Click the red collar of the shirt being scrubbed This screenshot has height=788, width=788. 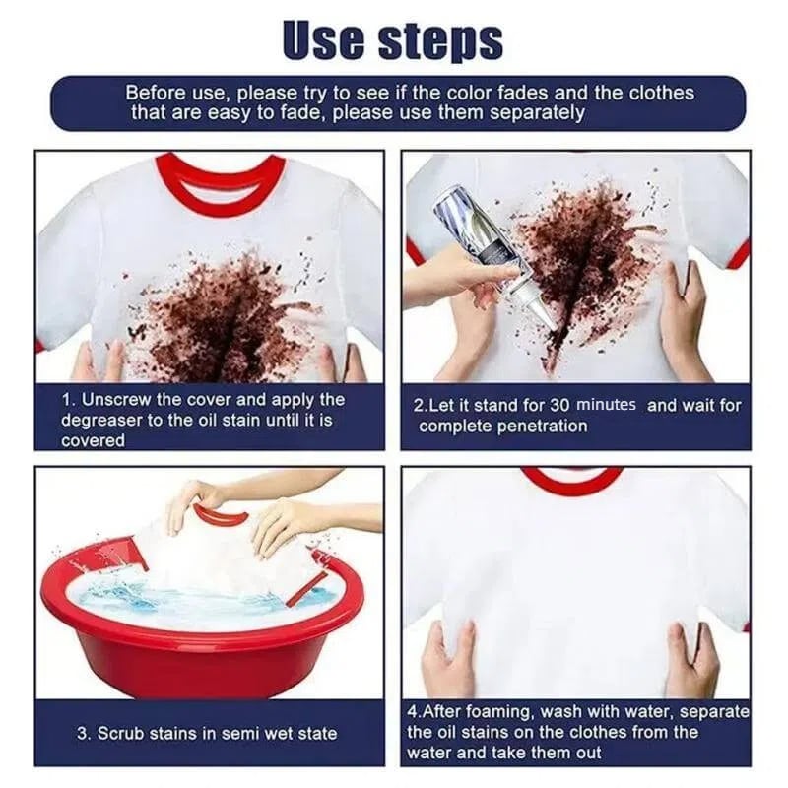(x=219, y=515)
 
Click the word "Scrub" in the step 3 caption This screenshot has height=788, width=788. (x=123, y=733)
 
